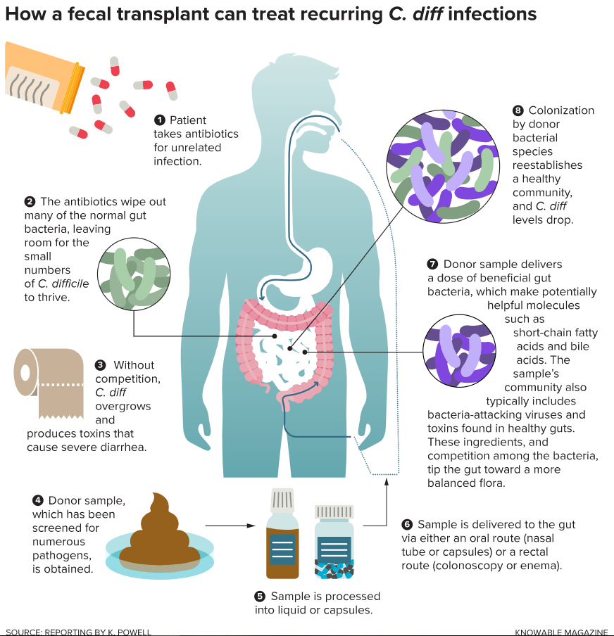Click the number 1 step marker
(x=160, y=120)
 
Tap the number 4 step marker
(x=38, y=500)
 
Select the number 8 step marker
(x=518, y=110)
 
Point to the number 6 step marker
(x=407, y=524)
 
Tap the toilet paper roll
(x=49, y=383)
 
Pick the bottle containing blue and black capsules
(x=334, y=542)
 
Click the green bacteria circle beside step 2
(x=134, y=274)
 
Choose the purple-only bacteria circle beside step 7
(x=459, y=350)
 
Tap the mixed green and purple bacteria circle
(x=443, y=166)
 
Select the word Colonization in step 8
(x=561, y=110)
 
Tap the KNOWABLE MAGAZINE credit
(x=560, y=632)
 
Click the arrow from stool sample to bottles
(x=230, y=526)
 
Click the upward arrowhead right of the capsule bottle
(x=386, y=481)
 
